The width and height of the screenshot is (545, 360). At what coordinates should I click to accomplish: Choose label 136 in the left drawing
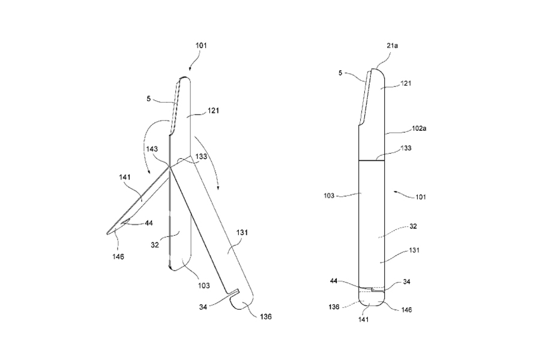[x=267, y=316]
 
